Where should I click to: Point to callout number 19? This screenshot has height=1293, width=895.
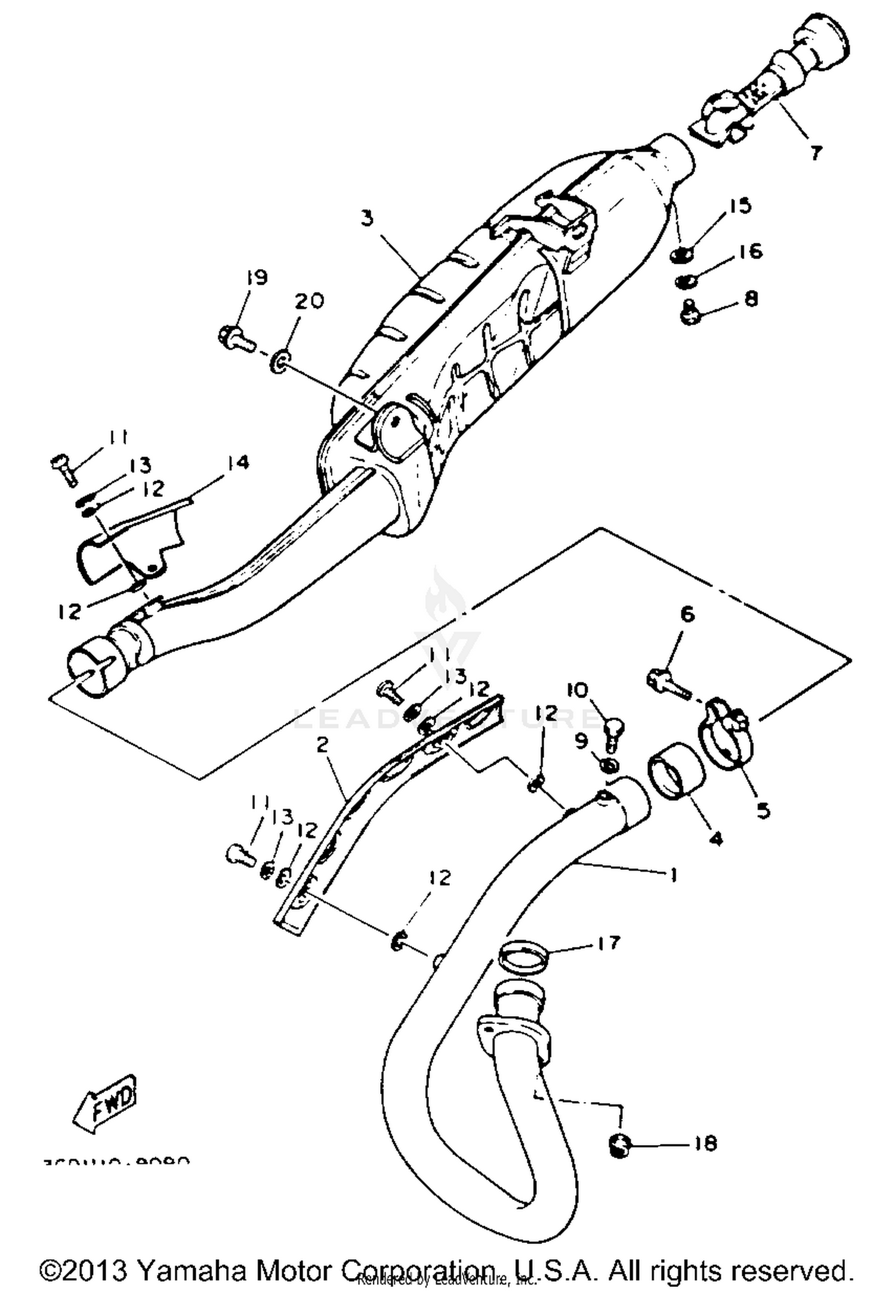point(255,277)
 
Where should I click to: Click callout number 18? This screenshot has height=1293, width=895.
point(705,1143)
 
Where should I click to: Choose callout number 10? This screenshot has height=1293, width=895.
point(578,690)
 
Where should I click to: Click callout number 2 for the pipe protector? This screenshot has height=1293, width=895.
point(323,745)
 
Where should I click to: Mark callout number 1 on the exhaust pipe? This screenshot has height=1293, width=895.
point(673,875)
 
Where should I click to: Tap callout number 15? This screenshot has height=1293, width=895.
point(739,206)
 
